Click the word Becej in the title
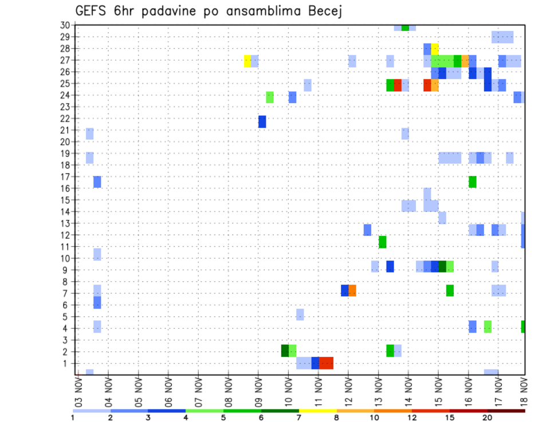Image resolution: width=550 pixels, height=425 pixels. point(323,11)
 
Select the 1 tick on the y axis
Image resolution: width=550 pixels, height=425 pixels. point(68,363)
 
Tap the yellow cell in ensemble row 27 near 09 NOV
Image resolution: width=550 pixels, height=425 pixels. point(247,61)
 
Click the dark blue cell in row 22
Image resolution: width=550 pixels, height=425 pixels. point(262,121)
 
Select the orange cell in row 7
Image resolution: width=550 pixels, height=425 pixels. point(352,290)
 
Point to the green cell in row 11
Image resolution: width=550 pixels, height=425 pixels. point(382,242)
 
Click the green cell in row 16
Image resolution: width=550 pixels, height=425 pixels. point(472,182)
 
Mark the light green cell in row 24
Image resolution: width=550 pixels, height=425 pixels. point(270,97)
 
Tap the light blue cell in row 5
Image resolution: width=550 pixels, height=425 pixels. point(300,314)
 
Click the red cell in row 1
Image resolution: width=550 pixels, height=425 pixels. point(326,363)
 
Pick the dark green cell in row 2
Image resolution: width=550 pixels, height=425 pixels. point(285,351)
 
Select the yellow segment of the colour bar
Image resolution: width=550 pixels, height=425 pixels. point(318,411)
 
